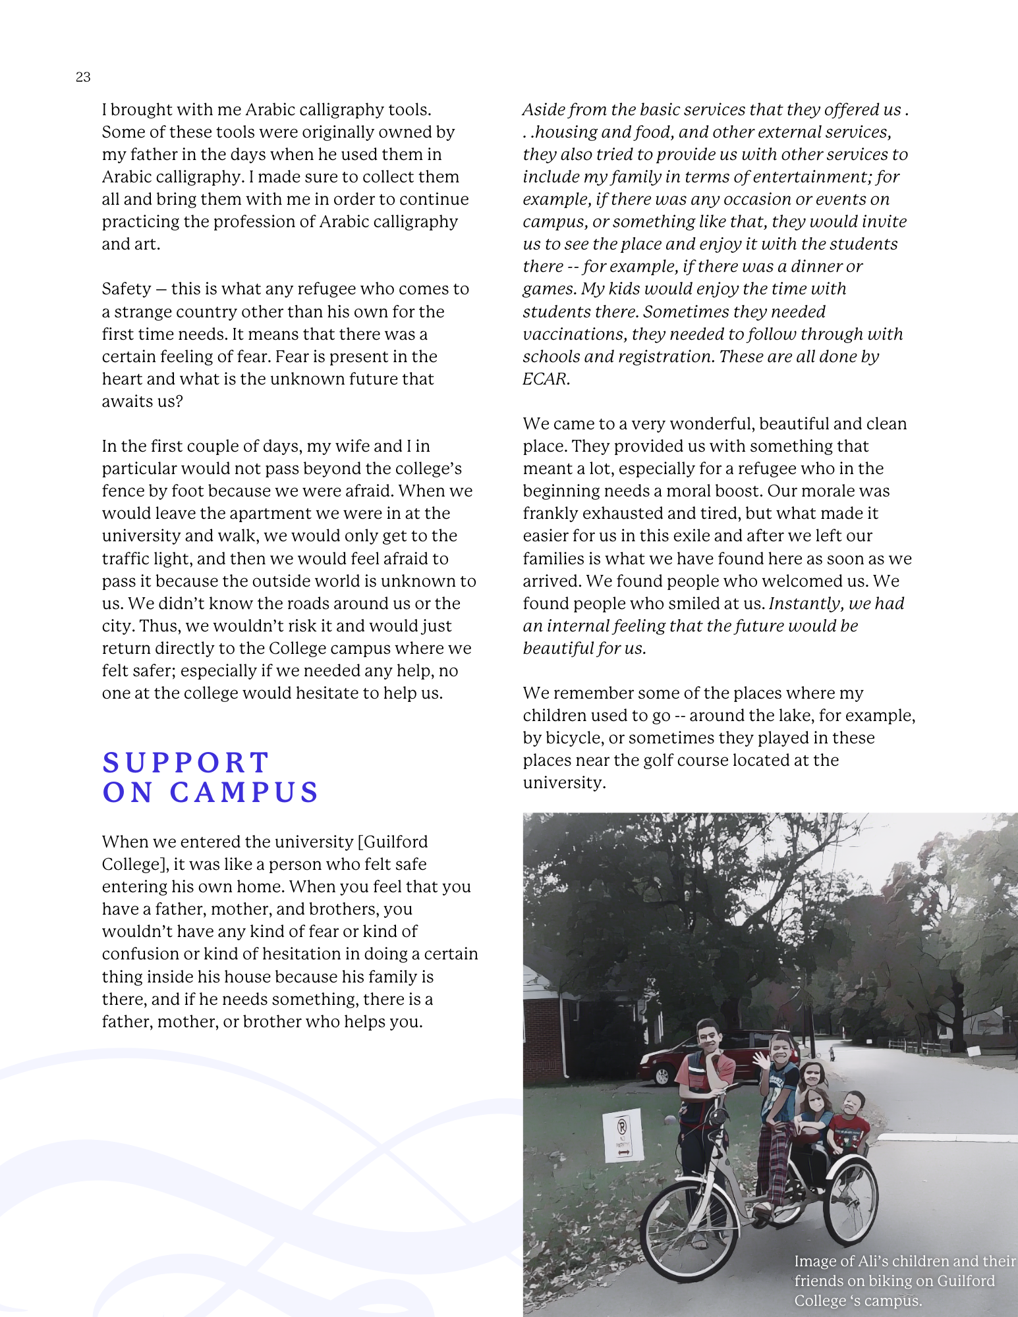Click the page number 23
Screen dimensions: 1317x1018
point(83,77)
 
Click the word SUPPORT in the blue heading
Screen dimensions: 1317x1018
point(186,763)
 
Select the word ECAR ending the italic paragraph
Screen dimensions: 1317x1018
point(545,379)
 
